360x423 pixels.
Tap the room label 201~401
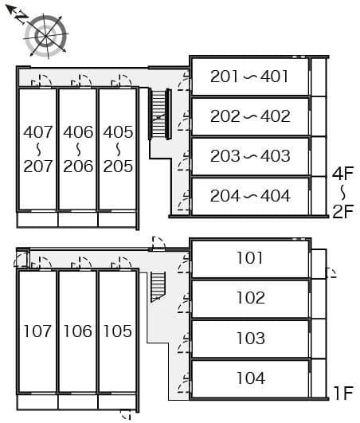tap(250, 76)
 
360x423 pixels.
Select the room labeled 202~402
tap(250, 116)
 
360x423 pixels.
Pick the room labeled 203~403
tap(250, 156)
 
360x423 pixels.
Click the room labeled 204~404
tap(250, 195)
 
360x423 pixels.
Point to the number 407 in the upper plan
tap(37, 131)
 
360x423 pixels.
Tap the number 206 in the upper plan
tap(78, 166)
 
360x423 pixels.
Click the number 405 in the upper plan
tap(118, 131)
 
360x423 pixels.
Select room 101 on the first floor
tap(250, 258)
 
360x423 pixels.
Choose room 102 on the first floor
tap(250, 298)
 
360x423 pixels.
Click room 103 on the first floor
tap(250, 339)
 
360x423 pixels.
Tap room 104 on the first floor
tap(250, 378)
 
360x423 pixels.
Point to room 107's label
tap(37, 331)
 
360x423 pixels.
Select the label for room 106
tap(78, 331)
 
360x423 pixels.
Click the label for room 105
tap(118, 331)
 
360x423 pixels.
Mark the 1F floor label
tap(343, 392)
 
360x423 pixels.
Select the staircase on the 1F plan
tap(158, 285)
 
